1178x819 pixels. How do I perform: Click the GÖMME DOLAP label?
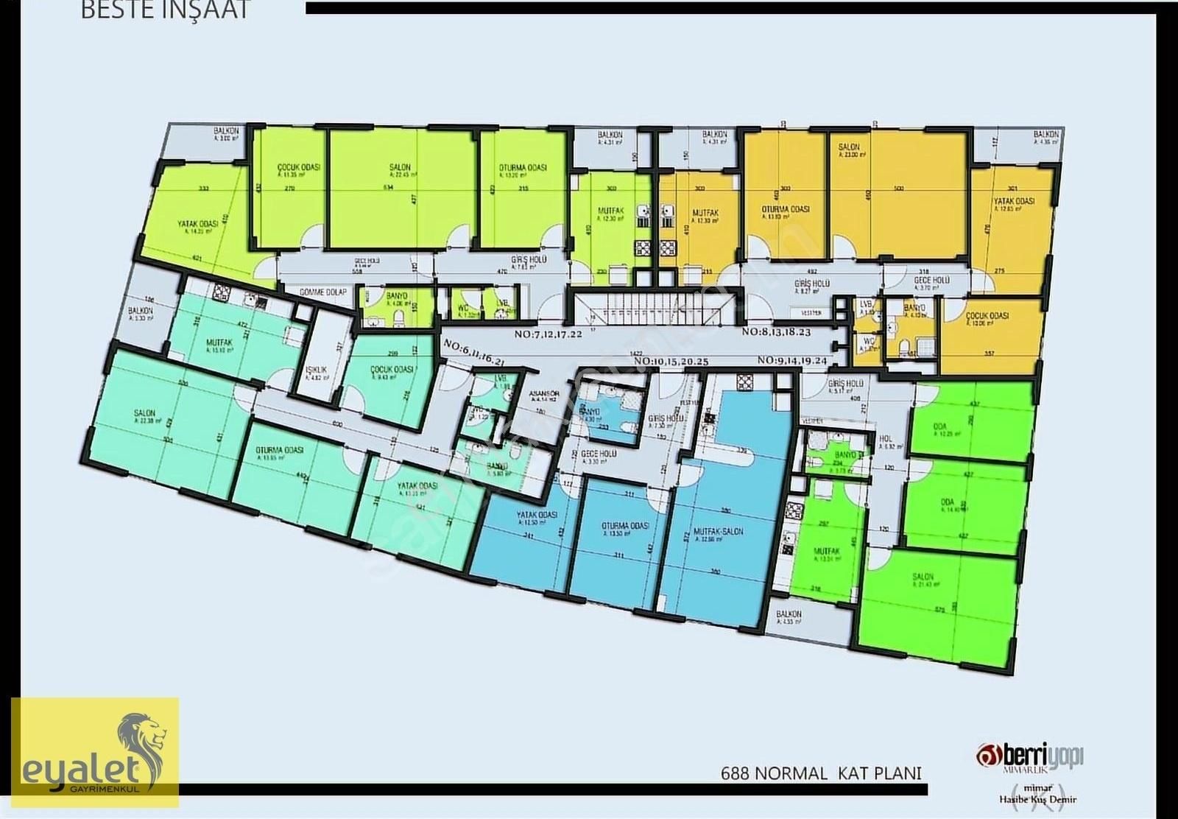(x=322, y=292)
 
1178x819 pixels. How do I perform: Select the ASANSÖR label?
(x=544, y=395)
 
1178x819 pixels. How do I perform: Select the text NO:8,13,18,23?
(x=776, y=332)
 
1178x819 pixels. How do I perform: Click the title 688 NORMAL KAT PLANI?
(x=821, y=773)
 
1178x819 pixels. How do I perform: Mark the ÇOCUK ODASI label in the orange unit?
(x=987, y=316)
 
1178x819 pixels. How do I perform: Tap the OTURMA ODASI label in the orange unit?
(x=786, y=209)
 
